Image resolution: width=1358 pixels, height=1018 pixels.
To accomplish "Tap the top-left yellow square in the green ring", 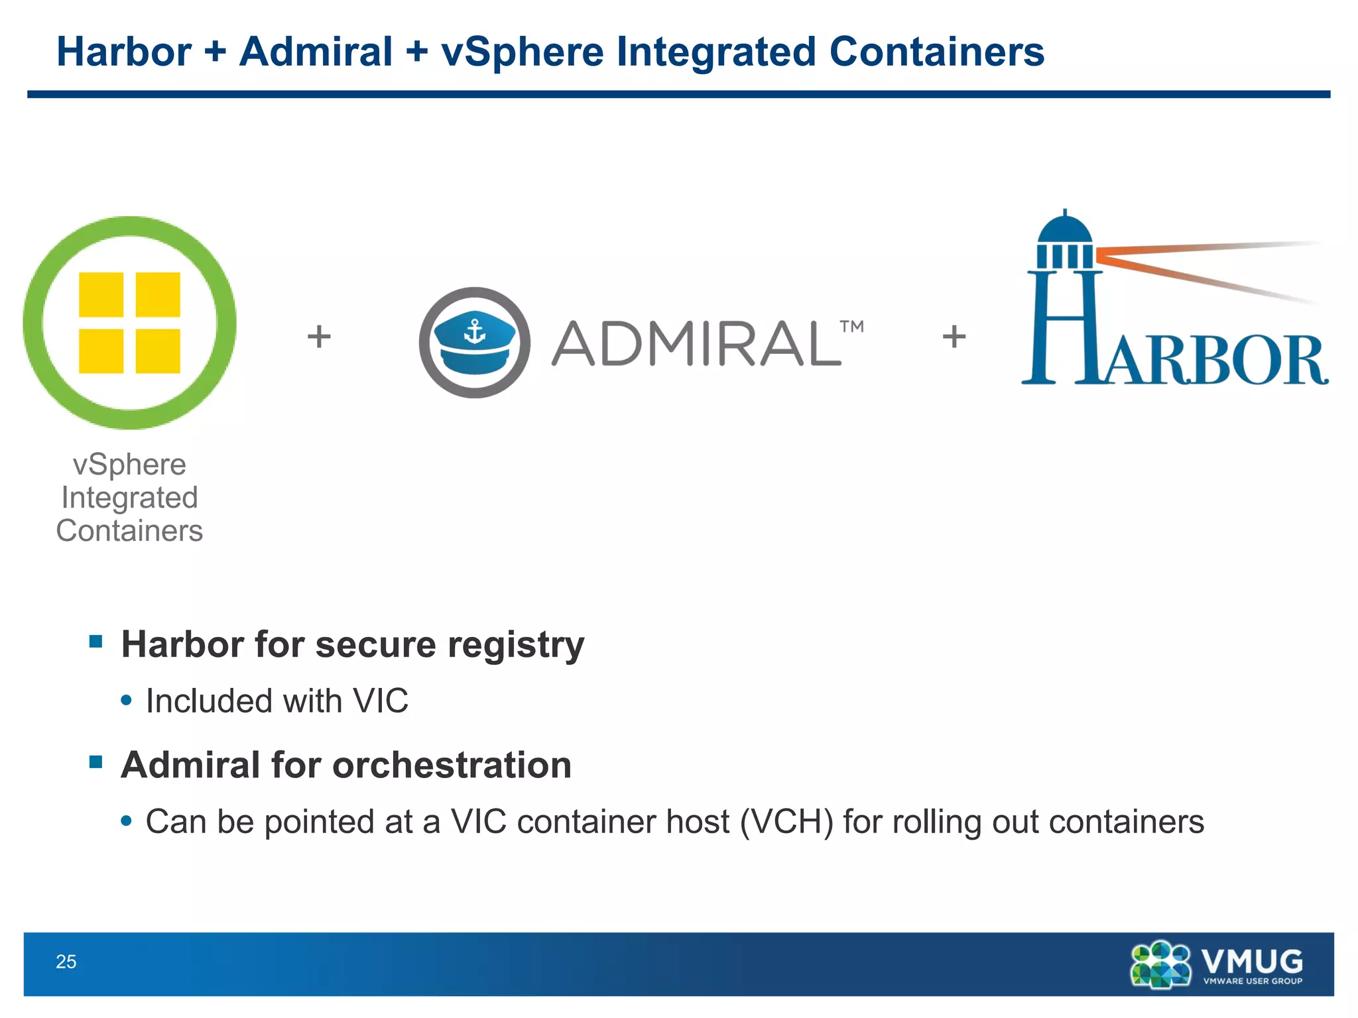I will point(101,294).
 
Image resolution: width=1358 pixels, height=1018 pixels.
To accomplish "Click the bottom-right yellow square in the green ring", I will point(158,351).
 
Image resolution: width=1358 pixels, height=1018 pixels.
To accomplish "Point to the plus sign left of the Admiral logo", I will point(319,336).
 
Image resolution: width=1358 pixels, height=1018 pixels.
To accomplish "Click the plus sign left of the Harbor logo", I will point(954,336).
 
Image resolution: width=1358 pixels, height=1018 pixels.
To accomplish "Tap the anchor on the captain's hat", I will point(475,331).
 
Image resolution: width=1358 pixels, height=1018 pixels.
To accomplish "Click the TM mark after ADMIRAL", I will point(851,327).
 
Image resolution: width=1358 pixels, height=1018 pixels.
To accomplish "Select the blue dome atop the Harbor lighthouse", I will point(1064,229).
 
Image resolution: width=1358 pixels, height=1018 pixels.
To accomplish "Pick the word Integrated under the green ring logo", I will point(129,498).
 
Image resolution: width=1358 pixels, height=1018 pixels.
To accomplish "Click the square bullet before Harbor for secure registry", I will point(96,641).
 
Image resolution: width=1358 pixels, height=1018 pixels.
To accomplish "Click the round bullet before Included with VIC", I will point(127,700).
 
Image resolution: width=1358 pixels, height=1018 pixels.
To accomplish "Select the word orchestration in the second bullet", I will point(452,765).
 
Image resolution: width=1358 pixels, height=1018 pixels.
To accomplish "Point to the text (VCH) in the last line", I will point(786,822).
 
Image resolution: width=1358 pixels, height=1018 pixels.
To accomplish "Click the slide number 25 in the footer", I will point(66,962).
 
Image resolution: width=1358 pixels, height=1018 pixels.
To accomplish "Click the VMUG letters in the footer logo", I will point(1252,960).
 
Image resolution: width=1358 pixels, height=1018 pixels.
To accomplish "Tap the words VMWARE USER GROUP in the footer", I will point(1253,981).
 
